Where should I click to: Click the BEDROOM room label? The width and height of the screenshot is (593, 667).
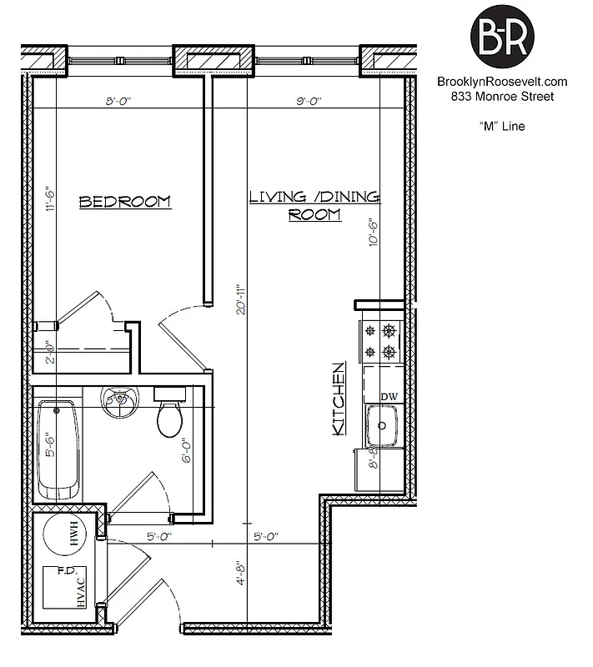point(124,202)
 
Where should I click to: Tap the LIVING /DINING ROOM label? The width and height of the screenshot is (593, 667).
point(314,205)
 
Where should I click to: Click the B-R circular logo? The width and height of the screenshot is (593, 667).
point(502,35)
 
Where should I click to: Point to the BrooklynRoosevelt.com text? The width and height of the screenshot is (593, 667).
point(502,82)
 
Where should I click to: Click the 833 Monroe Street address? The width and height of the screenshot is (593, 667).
point(502,97)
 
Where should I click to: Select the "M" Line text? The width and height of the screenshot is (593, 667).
point(502,127)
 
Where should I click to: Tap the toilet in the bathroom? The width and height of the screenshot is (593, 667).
point(170,417)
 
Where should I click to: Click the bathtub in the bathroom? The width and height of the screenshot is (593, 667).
point(58,450)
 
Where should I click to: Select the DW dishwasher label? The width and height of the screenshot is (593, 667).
point(389,397)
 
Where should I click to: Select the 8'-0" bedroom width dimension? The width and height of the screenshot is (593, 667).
point(119,101)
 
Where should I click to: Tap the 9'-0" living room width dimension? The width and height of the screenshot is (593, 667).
point(309,101)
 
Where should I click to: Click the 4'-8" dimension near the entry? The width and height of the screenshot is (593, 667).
point(240,574)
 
